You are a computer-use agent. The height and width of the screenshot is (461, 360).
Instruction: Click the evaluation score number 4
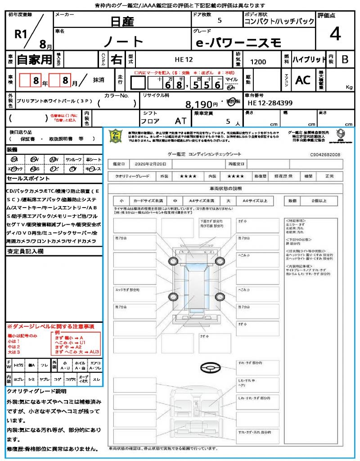click(x=335, y=34)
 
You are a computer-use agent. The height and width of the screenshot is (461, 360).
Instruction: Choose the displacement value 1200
click(x=258, y=62)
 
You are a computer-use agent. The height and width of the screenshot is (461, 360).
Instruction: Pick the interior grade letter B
click(x=344, y=59)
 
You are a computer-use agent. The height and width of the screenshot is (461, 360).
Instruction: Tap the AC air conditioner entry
click(x=303, y=80)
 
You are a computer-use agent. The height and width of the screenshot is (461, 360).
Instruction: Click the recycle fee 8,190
click(x=202, y=104)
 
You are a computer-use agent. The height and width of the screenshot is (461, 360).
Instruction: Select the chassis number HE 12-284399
click(x=270, y=104)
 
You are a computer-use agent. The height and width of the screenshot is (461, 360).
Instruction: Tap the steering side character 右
click(x=117, y=59)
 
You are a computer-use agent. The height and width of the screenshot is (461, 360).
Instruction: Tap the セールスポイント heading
click(x=24, y=178)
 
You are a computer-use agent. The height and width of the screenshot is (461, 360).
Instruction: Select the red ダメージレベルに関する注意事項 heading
click(x=50, y=325)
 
